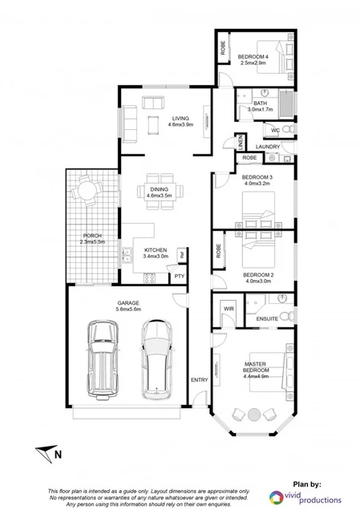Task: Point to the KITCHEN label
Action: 155,250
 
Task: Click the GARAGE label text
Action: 128,302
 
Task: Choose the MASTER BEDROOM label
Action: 255,366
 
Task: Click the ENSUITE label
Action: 266,318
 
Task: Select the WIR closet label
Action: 229,308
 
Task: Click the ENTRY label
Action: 198,378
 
